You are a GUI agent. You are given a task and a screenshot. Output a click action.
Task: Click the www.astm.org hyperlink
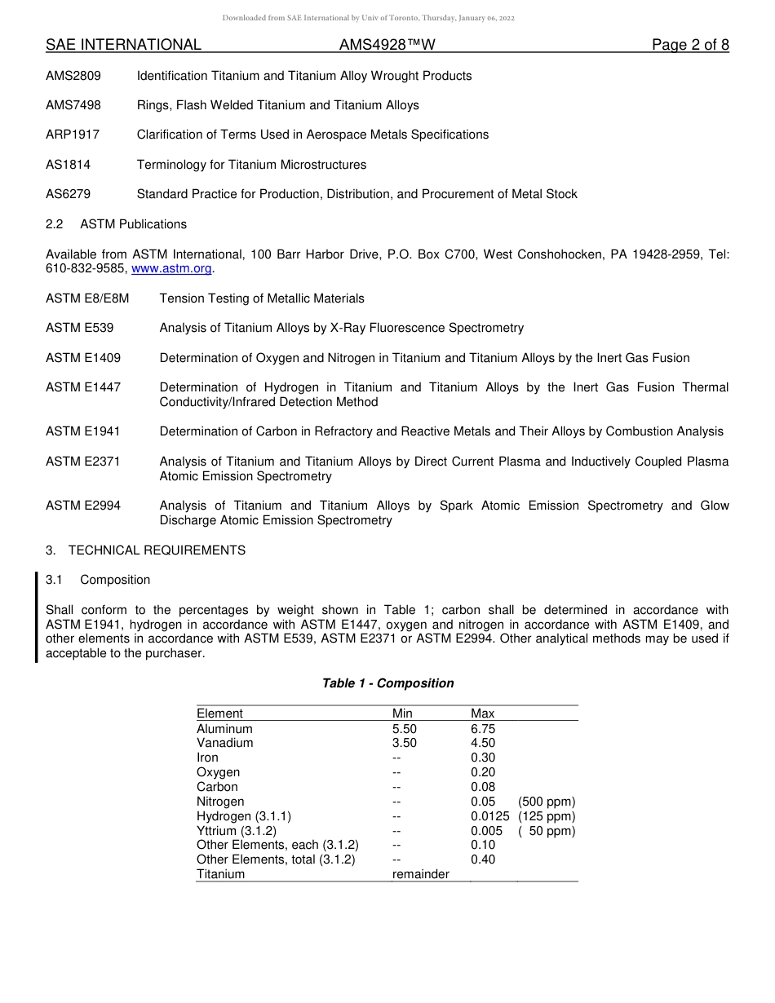click(171, 268)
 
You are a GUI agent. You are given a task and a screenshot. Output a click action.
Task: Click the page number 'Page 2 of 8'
click(690, 45)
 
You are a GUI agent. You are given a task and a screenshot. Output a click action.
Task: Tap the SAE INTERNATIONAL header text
click(123, 45)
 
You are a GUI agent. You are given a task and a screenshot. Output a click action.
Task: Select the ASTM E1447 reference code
click(83, 387)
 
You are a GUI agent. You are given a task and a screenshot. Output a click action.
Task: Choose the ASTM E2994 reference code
click(83, 506)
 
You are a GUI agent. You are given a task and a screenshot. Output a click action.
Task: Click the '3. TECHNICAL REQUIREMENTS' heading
click(145, 550)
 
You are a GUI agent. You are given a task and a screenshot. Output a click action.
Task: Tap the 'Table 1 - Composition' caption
click(387, 683)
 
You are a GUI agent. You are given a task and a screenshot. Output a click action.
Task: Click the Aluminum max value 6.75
click(483, 729)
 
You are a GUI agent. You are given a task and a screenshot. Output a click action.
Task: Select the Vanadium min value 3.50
click(404, 743)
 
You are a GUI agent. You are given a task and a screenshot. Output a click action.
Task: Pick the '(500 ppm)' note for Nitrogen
click(547, 802)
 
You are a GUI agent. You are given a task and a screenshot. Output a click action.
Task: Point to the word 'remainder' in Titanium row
click(420, 874)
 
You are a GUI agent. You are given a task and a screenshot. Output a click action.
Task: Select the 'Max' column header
click(482, 714)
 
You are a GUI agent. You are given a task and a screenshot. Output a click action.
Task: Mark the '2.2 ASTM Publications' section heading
click(116, 224)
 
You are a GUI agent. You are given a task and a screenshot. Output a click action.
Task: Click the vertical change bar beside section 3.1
click(37, 617)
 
